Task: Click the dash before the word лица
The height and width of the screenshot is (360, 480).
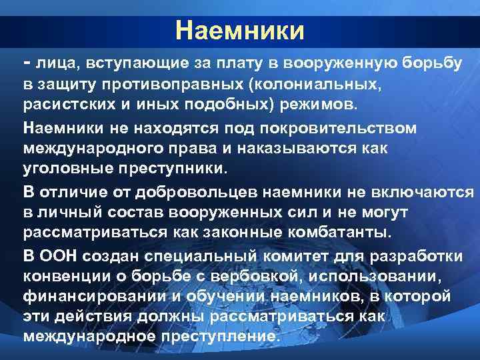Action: point(27,62)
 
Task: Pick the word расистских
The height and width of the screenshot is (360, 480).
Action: point(74,105)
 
